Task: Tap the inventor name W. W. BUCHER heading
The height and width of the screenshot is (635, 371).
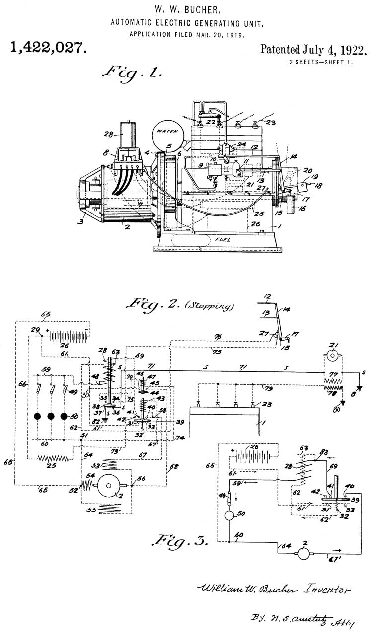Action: (x=186, y=9)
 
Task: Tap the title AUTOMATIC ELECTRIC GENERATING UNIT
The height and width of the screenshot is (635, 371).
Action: (x=186, y=22)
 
